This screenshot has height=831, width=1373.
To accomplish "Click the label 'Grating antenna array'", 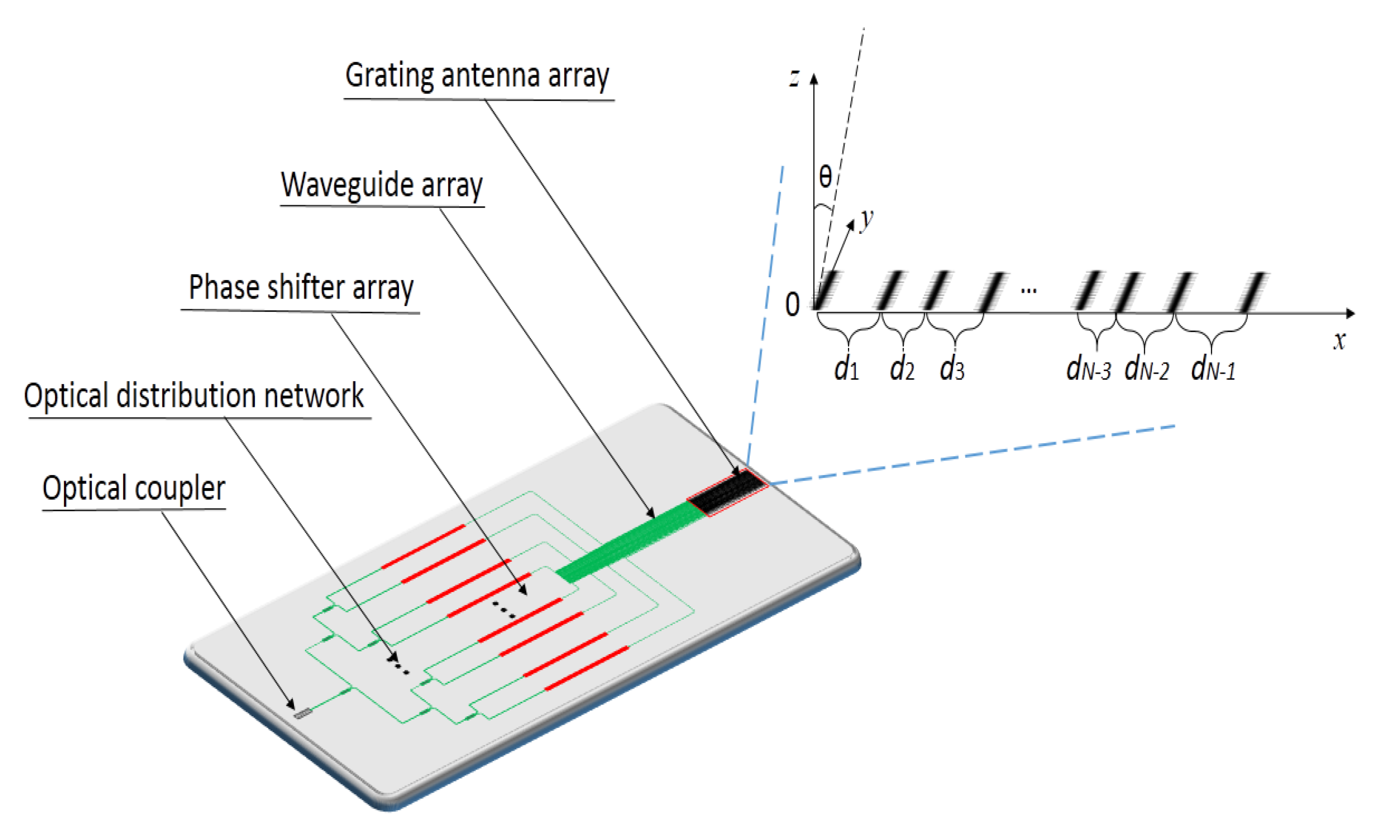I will pyautogui.click(x=477, y=76).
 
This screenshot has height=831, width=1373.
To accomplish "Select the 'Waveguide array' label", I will pyautogui.click(x=382, y=185).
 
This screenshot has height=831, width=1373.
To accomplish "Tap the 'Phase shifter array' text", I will pyautogui.click(x=301, y=287).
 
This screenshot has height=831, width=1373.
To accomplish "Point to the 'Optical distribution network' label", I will pyautogui.click(x=194, y=396).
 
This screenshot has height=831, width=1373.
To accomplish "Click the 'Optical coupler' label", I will pyautogui.click(x=134, y=489).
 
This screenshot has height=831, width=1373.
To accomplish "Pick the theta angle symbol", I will pyautogui.click(x=825, y=177).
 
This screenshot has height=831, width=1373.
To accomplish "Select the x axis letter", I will pyautogui.click(x=1339, y=340).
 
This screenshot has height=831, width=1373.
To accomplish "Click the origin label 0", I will pyautogui.click(x=792, y=305).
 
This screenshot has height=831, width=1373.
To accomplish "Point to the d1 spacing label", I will pyautogui.click(x=846, y=369).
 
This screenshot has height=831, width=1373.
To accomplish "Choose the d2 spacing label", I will pyautogui.click(x=902, y=369).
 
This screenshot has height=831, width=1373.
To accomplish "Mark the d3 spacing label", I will pyautogui.click(x=951, y=369).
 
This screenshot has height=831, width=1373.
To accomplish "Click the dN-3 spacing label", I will pyautogui.click(x=1088, y=369).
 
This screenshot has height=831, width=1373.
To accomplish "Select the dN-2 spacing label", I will pyautogui.click(x=1146, y=369).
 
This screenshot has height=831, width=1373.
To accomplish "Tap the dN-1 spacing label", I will pyautogui.click(x=1212, y=369).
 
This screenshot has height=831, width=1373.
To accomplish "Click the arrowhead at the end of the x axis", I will pyautogui.click(x=1350, y=314).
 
